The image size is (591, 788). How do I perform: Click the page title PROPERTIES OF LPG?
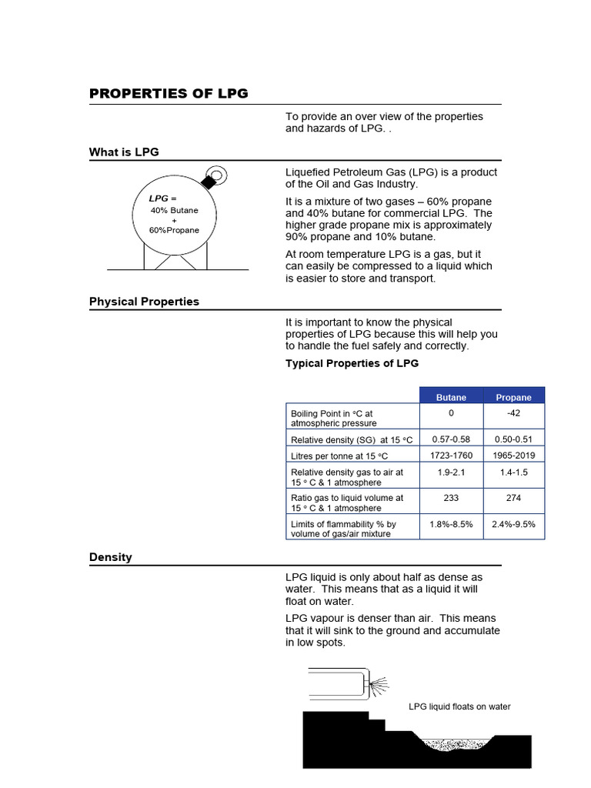coord(169,94)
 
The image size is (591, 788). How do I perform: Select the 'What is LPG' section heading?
coord(124,152)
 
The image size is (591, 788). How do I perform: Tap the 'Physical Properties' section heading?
coord(144,302)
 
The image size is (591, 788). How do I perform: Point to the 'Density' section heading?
coord(110,557)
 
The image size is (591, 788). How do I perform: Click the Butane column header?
coord(451,397)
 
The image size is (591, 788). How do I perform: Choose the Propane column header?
coord(513,397)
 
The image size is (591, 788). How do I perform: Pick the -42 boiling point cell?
coord(513,413)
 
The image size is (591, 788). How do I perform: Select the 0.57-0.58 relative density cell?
coord(451,439)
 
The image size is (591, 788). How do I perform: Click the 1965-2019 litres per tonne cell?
coord(513,456)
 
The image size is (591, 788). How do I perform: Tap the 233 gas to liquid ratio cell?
coord(451,498)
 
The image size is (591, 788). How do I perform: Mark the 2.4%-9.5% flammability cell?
coord(513,524)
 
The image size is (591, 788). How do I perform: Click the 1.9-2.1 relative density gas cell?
coord(451,472)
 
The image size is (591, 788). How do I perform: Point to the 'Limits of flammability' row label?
coord(343,529)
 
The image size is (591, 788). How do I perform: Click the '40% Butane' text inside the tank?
coord(174,210)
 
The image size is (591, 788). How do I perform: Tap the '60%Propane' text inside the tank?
coord(174,230)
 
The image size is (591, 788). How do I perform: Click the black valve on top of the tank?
coord(207,181)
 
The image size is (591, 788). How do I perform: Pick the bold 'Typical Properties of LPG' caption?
coord(352,363)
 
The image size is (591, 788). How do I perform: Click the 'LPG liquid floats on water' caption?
coord(459,706)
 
